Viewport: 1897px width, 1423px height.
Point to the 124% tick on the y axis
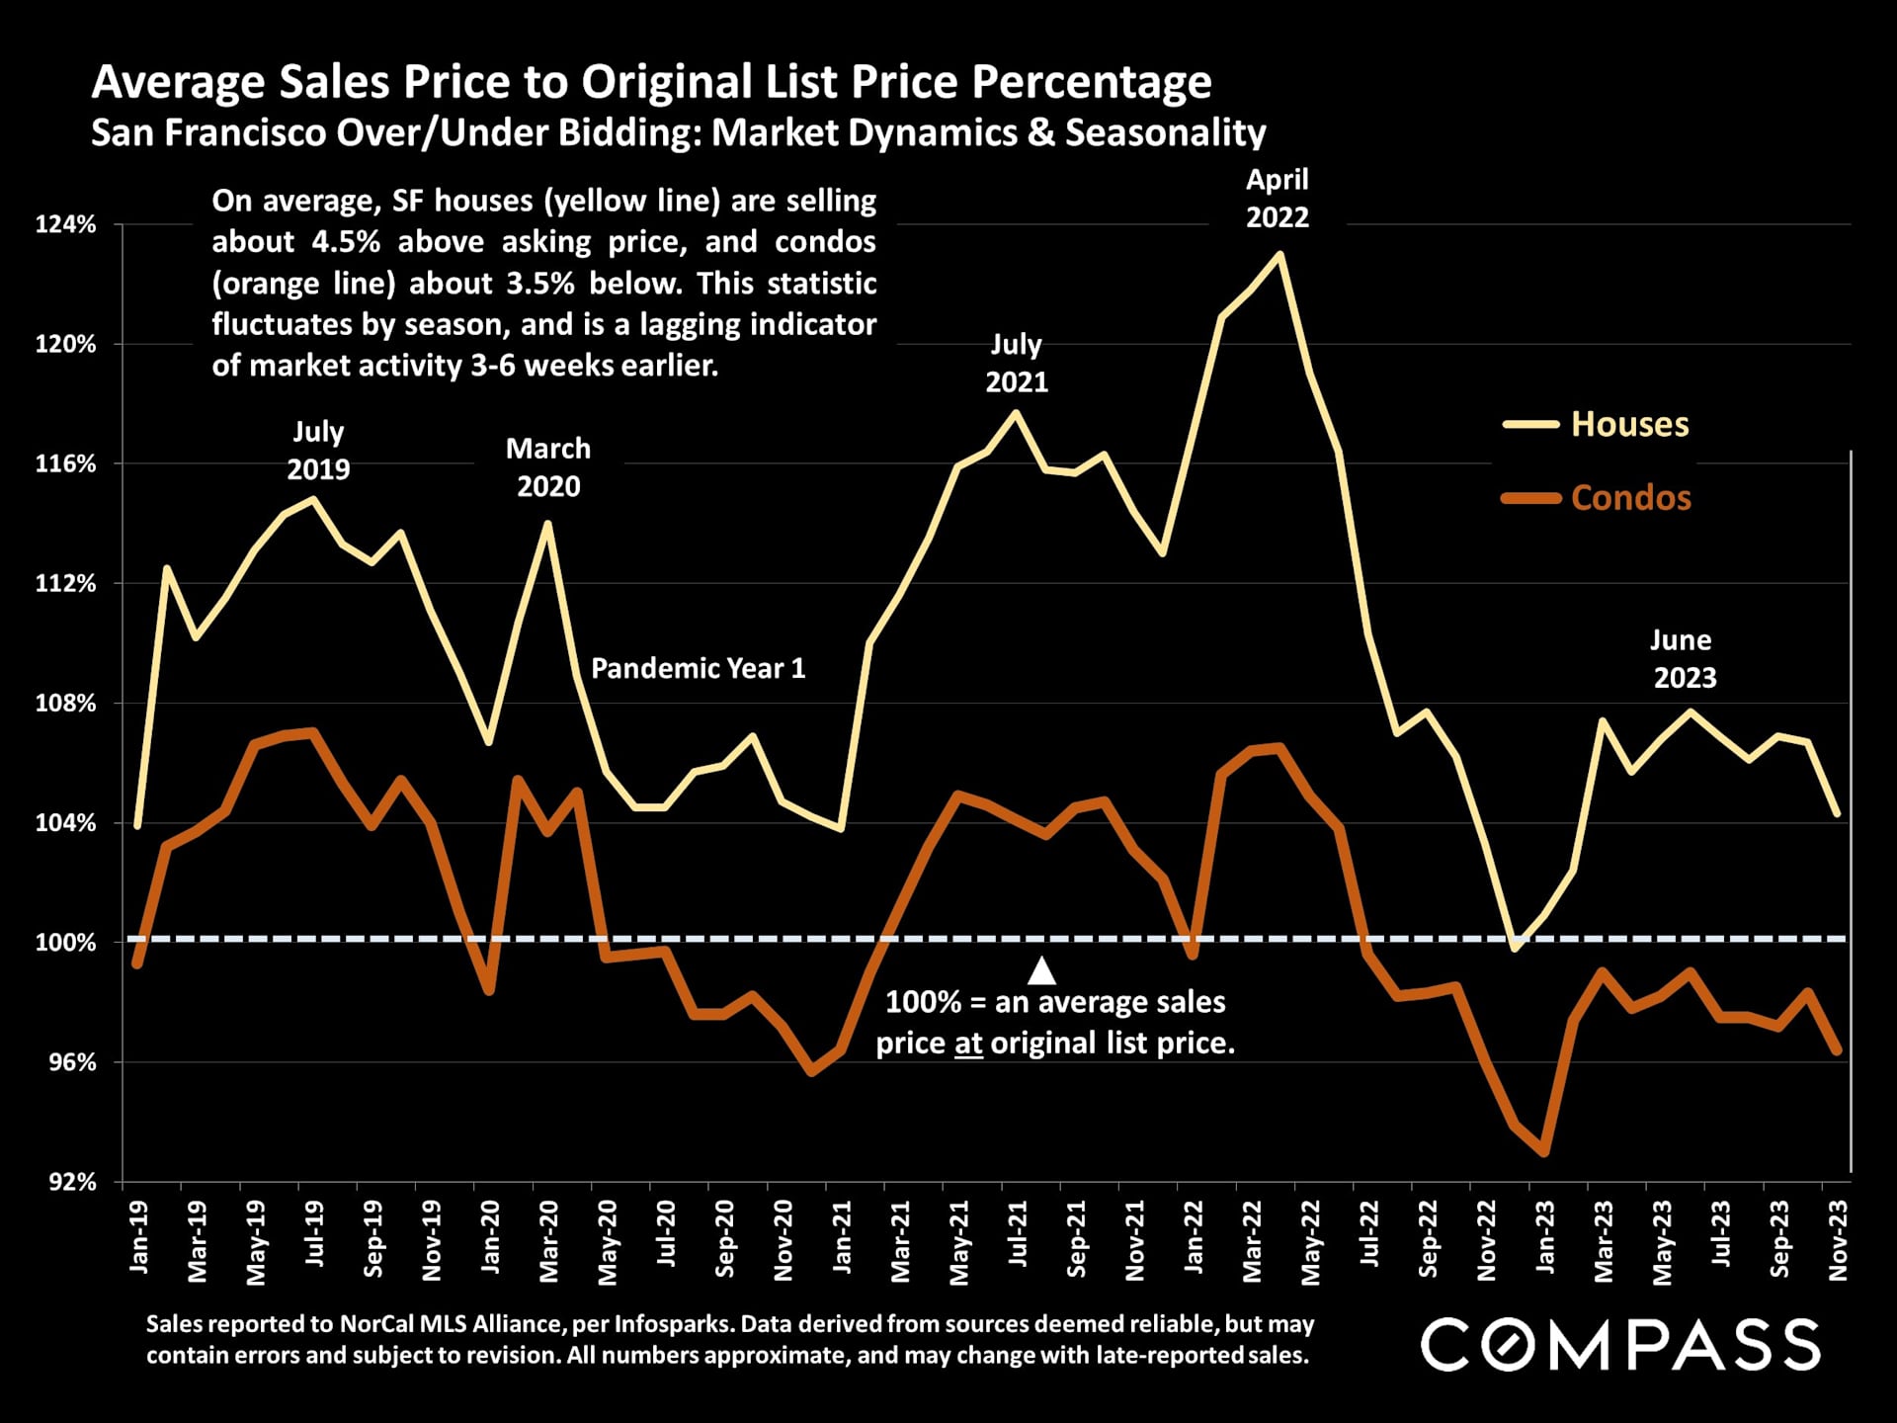point(66,225)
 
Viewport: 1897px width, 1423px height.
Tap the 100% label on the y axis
point(66,943)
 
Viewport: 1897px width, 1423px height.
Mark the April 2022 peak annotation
point(1277,199)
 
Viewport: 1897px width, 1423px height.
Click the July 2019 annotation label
point(318,451)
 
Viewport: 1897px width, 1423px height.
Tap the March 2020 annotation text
point(548,467)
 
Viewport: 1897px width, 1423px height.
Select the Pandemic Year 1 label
point(698,669)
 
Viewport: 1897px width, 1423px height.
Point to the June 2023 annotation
point(1684,659)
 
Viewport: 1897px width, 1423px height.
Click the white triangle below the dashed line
point(1041,971)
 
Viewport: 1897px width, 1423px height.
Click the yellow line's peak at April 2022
point(1280,255)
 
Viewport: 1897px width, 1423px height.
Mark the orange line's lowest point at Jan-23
point(1543,1152)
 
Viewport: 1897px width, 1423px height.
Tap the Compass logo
point(1620,1344)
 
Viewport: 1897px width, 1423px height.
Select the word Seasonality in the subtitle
point(1165,132)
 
